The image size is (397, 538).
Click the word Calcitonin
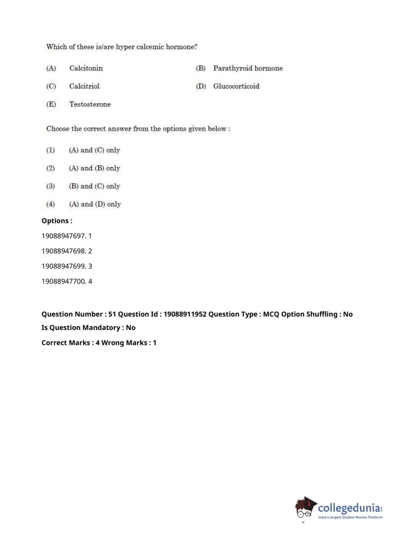(86, 68)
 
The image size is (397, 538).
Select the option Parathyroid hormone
(247, 68)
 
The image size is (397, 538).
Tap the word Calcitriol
(84, 86)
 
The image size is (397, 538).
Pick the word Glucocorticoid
(236, 86)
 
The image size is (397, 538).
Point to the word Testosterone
(90, 104)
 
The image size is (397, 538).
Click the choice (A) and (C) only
(94, 150)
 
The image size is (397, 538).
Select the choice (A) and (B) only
(94, 168)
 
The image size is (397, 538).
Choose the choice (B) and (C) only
(94, 186)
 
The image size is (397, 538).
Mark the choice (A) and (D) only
(95, 204)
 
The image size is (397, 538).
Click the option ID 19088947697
(63, 236)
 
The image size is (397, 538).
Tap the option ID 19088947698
(63, 251)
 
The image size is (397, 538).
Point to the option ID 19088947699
(63, 266)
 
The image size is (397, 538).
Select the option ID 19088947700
(63, 281)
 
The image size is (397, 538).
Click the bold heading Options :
(57, 221)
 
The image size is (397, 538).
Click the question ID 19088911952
(185, 314)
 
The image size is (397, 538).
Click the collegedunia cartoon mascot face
(305, 509)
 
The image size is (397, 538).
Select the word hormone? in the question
(181, 47)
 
